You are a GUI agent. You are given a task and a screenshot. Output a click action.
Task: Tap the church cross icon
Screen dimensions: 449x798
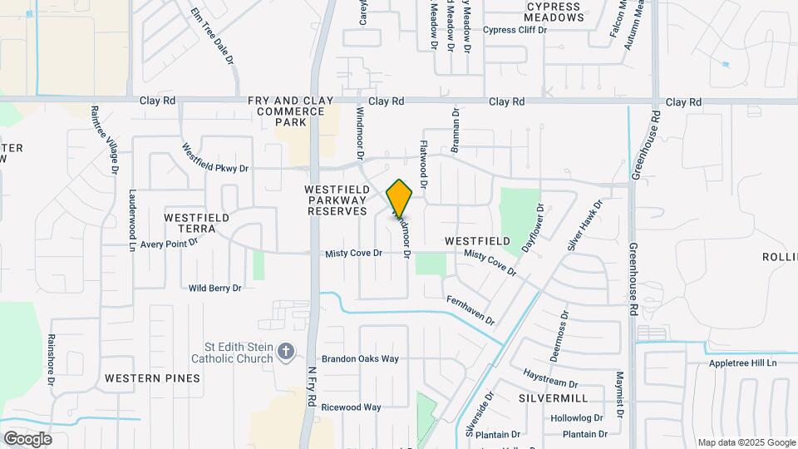pos(286,352)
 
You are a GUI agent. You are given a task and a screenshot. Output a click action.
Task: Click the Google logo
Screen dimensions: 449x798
pos(27,439)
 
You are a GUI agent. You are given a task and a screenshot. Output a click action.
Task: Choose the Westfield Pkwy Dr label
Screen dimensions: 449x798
pos(215,157)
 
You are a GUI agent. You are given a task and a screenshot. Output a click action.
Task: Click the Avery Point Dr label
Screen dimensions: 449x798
pos(169,244)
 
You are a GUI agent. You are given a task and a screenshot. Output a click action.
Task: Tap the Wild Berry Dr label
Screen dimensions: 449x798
pos(214,288)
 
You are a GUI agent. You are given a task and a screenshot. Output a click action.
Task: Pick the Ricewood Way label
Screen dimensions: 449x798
pos(351,407)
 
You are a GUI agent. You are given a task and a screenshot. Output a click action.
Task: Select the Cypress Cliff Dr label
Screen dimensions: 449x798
pos(515,30)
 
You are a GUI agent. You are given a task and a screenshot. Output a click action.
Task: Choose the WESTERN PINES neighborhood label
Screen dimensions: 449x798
pos(153,378)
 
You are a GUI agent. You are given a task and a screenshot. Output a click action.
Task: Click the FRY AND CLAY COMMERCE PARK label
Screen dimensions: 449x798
pos(290,111)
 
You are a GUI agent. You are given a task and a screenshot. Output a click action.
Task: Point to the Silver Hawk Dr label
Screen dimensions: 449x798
pos(584,224)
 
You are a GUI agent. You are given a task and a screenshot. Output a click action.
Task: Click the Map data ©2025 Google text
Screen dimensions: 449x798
pos(746,442)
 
